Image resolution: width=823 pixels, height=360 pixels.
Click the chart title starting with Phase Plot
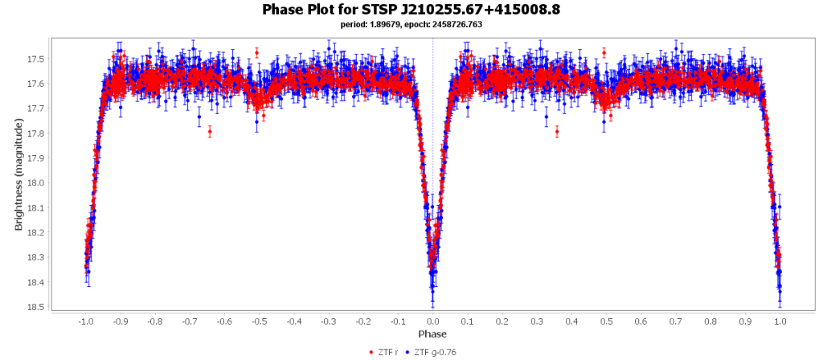click(x=411, y=10)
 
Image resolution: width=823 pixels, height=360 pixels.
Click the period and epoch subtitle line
click(x=411, y=25)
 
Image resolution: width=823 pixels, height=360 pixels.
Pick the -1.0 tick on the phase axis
click(x=84, y=321)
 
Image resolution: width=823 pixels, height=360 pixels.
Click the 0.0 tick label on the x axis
click(x=432, y=321)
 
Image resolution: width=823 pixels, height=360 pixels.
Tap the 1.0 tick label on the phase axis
click(x=780, y=321)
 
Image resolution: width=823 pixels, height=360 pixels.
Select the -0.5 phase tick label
click(x=258, y=321)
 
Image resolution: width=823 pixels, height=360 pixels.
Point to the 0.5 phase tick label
click(x=606, y=321)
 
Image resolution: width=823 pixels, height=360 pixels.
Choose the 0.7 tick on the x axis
click(x=676, y=321)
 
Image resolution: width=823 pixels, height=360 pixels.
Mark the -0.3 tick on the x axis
click(x=328, y=321)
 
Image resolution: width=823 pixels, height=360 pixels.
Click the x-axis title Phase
click(x=432, y=333)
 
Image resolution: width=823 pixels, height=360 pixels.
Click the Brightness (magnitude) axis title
click(x=18, y=171)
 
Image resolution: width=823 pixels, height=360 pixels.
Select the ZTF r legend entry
click(x=384, y=351)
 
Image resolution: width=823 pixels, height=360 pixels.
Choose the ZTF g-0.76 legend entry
click(x=433, y=351)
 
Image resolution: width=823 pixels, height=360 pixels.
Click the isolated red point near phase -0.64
click(x=210, y=131)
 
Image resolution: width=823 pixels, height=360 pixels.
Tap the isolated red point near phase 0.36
click(x=557, y=131)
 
